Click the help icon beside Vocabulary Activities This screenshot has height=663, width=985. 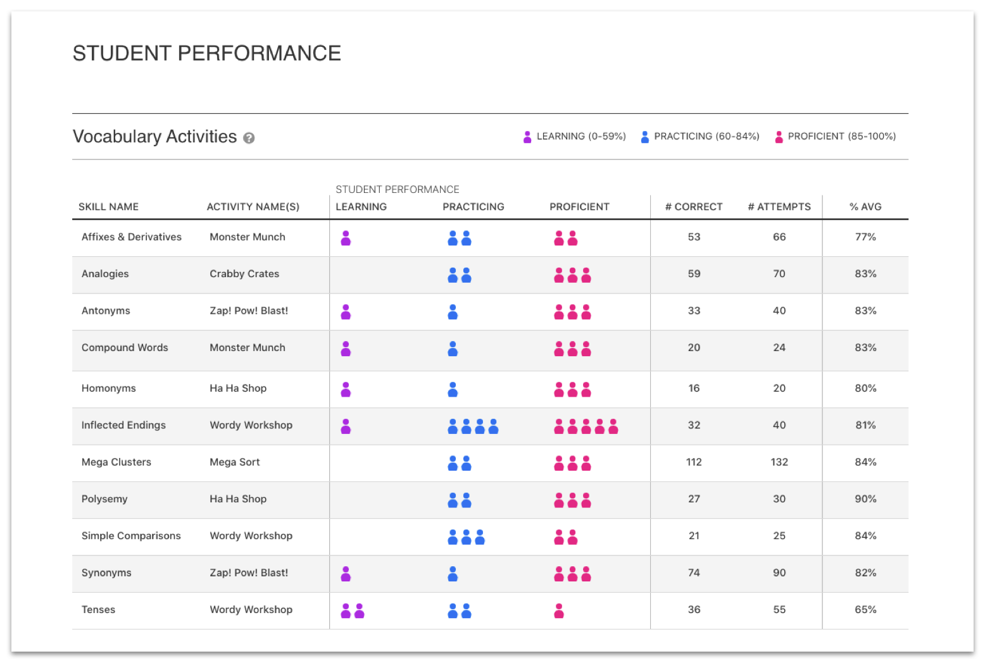(249, 138)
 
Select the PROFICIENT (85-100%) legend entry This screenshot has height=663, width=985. (835, 137)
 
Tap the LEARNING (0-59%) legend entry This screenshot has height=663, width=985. (574, 137)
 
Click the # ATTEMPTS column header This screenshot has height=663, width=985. (779, 207)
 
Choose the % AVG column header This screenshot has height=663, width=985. (865, 207)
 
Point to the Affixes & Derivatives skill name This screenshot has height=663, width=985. (132, 237)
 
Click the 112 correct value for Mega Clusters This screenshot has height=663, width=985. (694, 462)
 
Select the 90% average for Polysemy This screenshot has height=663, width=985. (865, 499)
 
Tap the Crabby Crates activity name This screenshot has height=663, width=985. (244, 274)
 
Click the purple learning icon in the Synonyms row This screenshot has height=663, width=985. (346, 574)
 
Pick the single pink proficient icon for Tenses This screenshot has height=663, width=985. (559, 610)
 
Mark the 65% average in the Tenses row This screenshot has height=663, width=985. (865, 610)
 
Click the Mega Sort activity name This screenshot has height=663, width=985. (235, 462)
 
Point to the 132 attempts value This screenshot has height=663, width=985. (779, 462)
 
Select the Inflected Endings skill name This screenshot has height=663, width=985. (123, 426)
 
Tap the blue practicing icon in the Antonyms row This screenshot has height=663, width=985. (453, 312)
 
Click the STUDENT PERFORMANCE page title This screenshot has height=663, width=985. (207, 54)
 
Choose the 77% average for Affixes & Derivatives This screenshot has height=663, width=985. (865, 237)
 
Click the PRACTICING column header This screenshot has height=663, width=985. (474, 207)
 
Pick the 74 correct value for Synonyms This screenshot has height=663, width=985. (694, 573)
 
